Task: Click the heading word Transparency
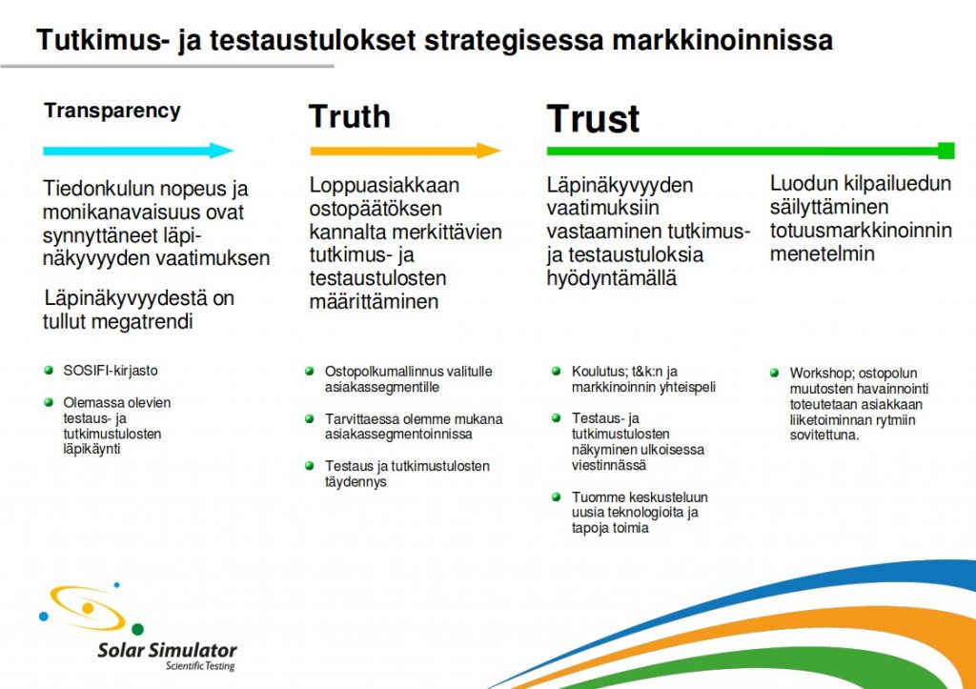pyautogui.click(x=112, y=111)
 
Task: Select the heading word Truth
pyautogui.click(x=350, y=116)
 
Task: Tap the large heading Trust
pyautogui.click(x=593, y=119)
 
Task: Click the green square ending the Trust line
pyautogui.click(x=946, y=151)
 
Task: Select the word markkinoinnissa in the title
pyautogui.click(x=722, y=40)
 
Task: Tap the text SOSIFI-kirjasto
pyautogui.click(x=111, y=371)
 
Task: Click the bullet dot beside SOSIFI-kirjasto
pyautogui.click(x=49, y=371)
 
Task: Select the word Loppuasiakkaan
pyautogui.click(x=384, y=186)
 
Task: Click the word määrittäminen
pyautogui.click(x=374, y=302)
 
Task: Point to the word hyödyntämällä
pyautogui.click(x=611, y=278)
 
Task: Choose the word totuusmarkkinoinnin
pyautogui.click(x=861, y=231)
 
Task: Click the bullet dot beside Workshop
pyautogui.click(x=774, y=373)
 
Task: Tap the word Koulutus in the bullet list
pyautogui.click(x=599, y=372)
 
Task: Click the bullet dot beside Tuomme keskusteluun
pyautogui.click(x=557, y=496)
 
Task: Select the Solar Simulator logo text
pyautogui.click(x=168, y=651)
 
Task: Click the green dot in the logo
pyautogui.click(x=137, y=629)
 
